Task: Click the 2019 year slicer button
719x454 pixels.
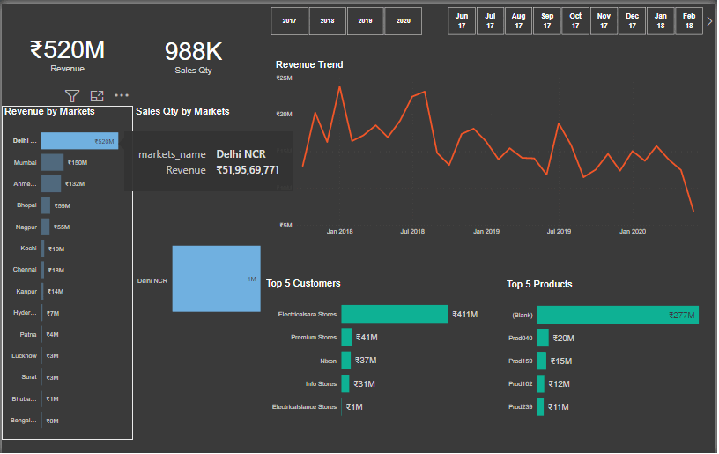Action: point(365,20)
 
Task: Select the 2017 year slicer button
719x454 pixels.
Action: point(289,20)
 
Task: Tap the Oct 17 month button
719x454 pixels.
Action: point(575,20)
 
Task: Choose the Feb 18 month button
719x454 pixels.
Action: point(689,20)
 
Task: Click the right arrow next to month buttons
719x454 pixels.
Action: point(709,21)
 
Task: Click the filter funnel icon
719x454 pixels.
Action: point(73,95)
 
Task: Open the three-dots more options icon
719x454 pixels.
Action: point(122,95)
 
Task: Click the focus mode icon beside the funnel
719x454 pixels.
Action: point(97,95)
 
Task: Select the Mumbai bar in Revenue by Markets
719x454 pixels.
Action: point(52,163)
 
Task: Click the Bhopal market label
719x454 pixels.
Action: point(26,205)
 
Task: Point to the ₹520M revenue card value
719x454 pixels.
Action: point(67,50)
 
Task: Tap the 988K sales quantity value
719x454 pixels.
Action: point(193,51)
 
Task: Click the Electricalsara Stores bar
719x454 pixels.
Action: point(394,314)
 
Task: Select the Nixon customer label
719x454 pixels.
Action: point(328,361)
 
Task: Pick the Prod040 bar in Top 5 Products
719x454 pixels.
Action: point(543,338)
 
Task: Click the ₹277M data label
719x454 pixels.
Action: point(681,315)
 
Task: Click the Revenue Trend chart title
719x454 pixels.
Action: point(309,64)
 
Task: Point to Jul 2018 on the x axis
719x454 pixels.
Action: point(411,232)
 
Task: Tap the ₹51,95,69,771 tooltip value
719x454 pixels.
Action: point(248,170)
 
